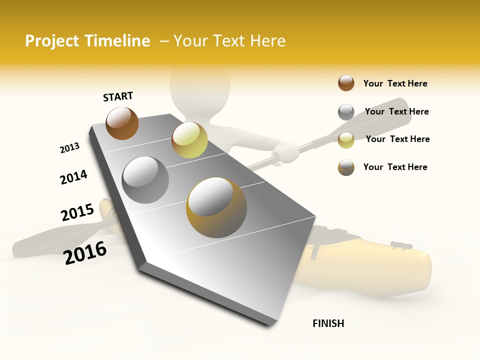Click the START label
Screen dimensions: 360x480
[x=118, y=96]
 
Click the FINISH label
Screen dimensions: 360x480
[x=328, y=323]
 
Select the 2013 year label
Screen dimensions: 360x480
[x=69, y=148]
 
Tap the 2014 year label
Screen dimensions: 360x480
[x=73, y=177]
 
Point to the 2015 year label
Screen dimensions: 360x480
[x=77, y=212]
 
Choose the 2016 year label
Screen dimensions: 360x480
[x=85, y=252]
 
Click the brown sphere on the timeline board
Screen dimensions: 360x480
[x=122, y=123]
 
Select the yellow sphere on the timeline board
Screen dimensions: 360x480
[x=189, y=140]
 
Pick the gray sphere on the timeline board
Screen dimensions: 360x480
[x=145, y=179]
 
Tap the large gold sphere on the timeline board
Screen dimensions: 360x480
[x=216, y=207]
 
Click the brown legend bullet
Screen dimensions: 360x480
[x=346, y=83]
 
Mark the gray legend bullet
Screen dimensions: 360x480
[x=346, y=112]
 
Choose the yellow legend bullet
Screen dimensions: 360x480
[x=346, y=140]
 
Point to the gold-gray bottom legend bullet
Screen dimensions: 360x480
[x=346, y=167]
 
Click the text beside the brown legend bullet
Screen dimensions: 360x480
[x=395, y=83]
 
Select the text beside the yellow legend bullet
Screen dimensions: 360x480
[x=397, y=139]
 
